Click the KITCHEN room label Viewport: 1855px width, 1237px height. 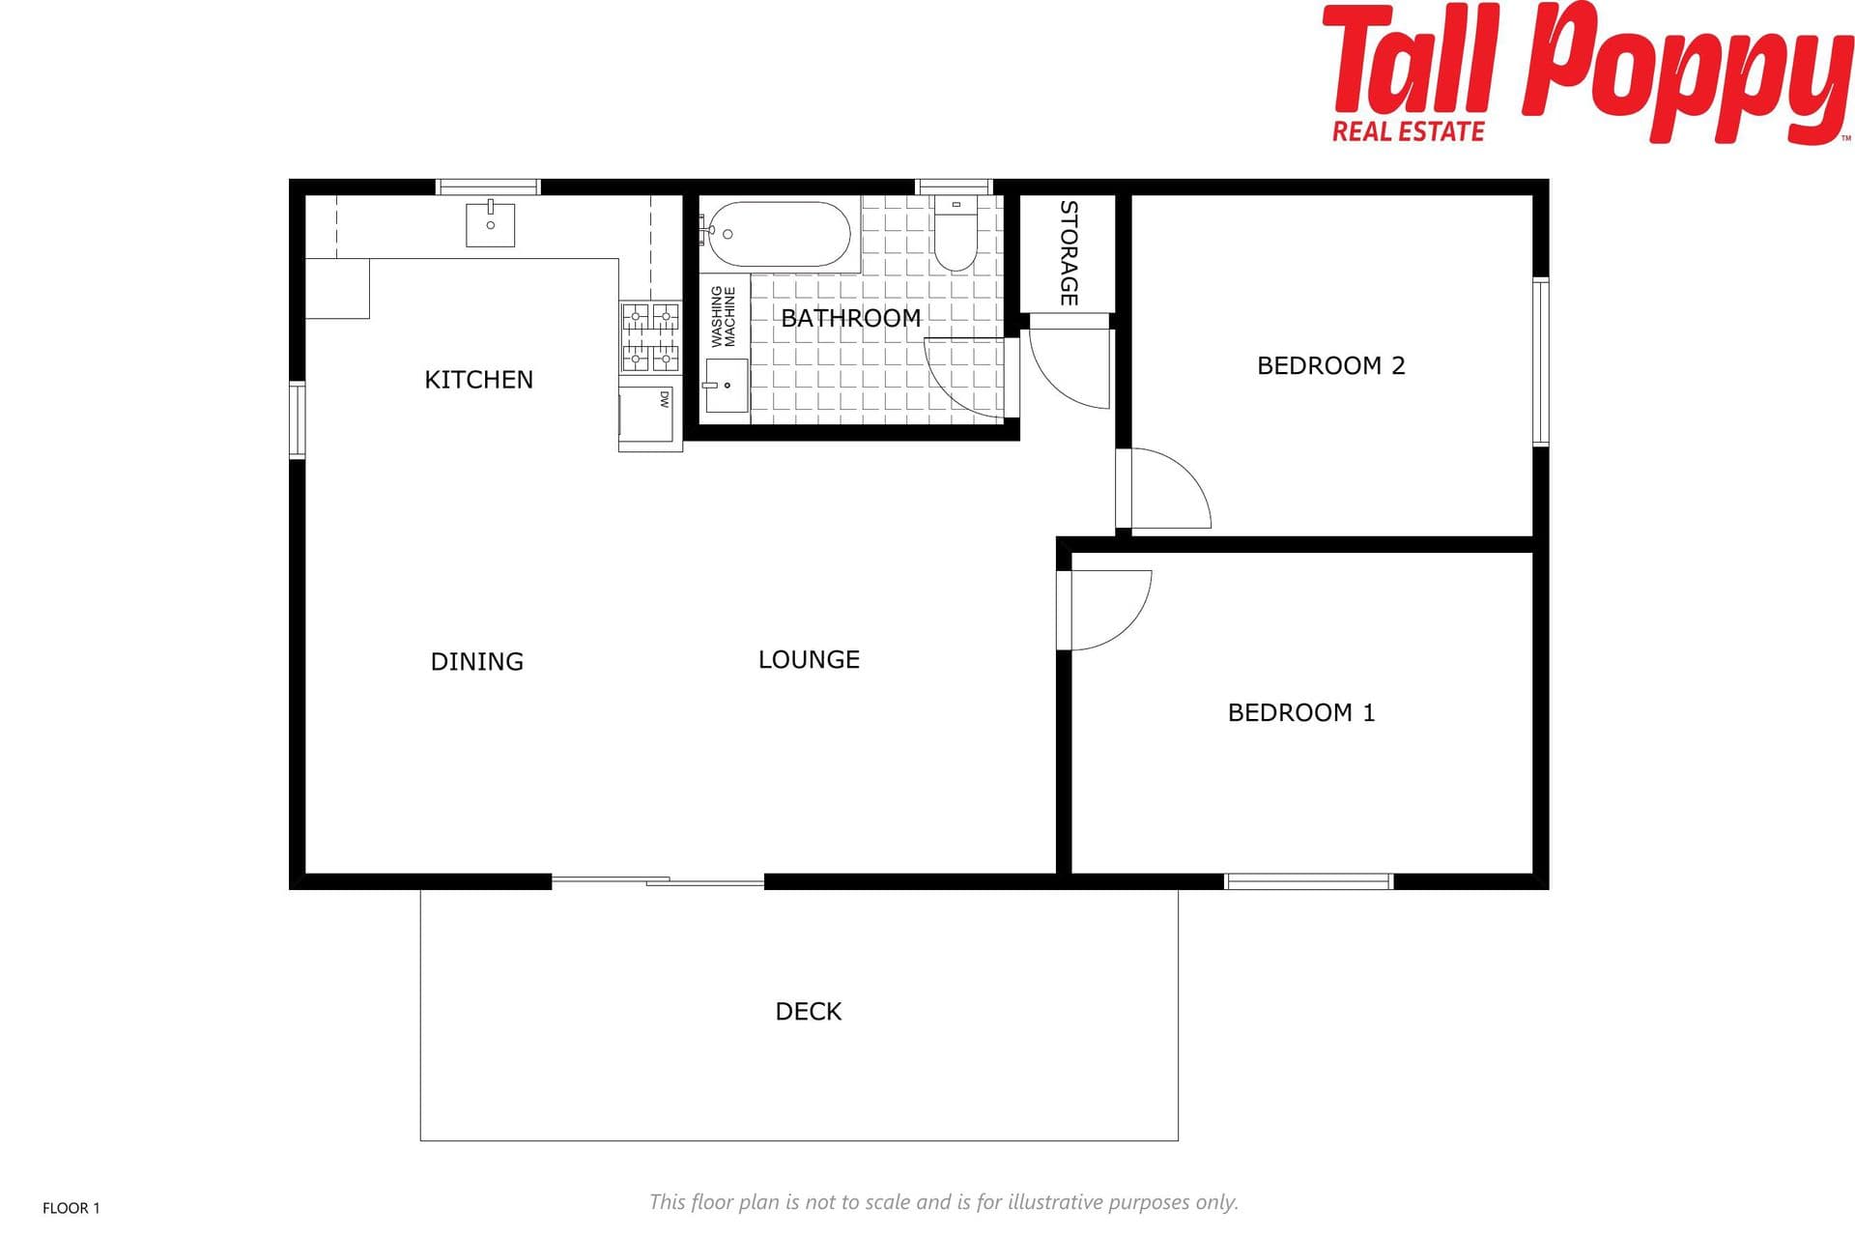click(478, 380)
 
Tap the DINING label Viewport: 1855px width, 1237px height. click(476, 661)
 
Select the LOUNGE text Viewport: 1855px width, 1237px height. click(809, 659)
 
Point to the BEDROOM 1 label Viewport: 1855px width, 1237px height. click(1300, 712)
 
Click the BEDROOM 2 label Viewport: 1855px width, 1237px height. click(1330, 365)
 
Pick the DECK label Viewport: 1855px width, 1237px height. click(809, 1011)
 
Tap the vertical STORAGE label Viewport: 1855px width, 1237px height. click(1069, 253)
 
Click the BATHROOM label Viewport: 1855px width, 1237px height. click(850, 318)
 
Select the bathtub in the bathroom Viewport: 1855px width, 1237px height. click(778, 234)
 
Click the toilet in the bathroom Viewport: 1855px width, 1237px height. click(956, 233)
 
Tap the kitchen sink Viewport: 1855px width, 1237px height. click(490, 223)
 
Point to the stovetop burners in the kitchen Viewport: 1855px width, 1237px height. click(650, 337)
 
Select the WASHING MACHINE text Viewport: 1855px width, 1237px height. click(723, 316)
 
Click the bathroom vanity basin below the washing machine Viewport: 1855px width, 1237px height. click(726, 386)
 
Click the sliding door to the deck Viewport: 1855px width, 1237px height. click(658, 880)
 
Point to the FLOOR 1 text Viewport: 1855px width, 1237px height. click(71, 1208)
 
